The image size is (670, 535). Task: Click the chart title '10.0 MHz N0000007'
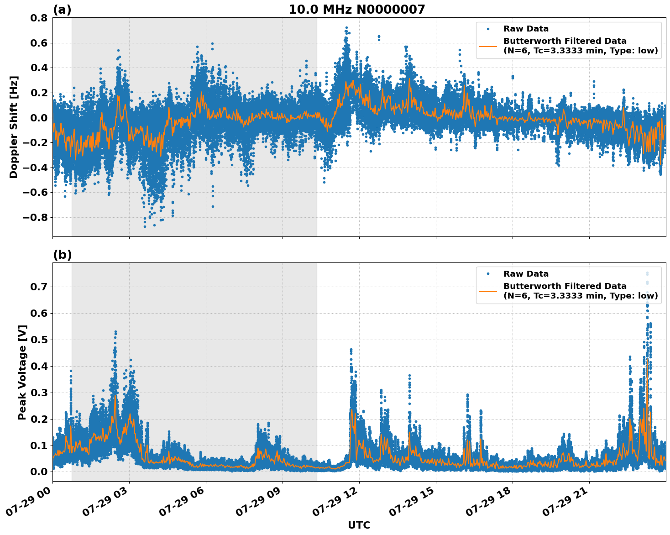point(356,10)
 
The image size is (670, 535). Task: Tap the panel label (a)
point(62,10)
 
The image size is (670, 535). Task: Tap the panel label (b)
point(63,255)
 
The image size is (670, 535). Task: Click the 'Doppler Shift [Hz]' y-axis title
point(14,127)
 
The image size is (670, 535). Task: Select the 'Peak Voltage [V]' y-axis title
point(22,372)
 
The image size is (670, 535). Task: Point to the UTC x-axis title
point(359,525)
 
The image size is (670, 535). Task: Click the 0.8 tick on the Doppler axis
point(38,18)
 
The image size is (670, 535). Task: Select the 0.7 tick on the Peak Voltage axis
point(38,287)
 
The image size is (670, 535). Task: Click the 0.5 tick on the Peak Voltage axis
point(38,340)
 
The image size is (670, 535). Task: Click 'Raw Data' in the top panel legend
point(526,29)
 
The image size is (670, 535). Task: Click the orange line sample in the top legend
point(488,46)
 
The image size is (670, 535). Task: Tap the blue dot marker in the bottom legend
point(488,274)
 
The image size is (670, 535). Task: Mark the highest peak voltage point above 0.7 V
point(647,273)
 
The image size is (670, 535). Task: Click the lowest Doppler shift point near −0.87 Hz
point(145,226)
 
